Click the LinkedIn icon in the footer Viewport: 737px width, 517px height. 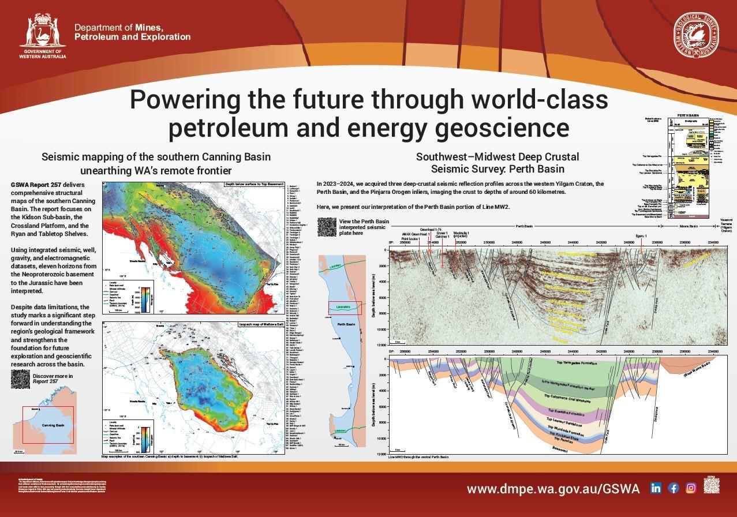tap(656, 488)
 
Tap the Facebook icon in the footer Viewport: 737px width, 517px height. tap(673, 488)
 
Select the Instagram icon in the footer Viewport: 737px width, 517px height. tap(691, 488)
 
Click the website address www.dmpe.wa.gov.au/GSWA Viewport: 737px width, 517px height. tap(553, 488)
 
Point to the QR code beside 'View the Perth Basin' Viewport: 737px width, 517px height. tap(327, 226)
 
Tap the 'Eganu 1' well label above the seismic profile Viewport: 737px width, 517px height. tap(641, 236)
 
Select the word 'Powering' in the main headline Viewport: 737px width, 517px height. tap(185, 100)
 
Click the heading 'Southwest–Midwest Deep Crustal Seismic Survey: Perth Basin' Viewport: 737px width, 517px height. tap(497, 163)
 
